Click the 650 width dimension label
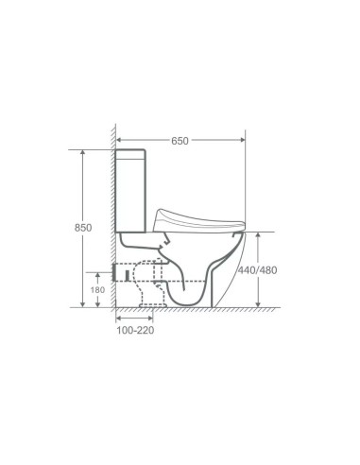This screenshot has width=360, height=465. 180,141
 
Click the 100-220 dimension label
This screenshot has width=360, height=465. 134,332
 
